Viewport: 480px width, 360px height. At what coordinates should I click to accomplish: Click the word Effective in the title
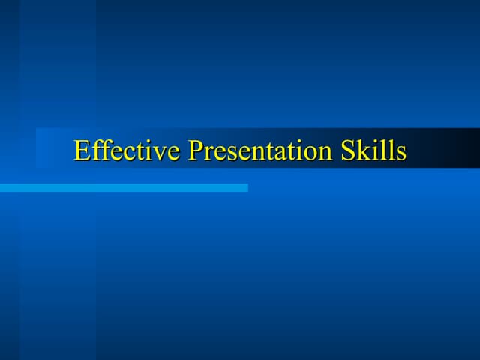127,151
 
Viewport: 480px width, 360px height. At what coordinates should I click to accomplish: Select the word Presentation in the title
260,151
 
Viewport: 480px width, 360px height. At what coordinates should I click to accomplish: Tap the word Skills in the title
373,151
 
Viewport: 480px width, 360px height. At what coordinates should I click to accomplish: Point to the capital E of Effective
82,151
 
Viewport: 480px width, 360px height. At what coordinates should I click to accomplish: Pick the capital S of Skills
349,151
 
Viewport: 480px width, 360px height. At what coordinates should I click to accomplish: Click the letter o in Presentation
310,154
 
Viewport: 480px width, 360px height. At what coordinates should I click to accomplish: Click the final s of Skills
400,154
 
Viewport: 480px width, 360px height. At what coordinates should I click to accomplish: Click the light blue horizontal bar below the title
124,187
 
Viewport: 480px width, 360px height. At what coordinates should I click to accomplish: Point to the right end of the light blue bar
245,187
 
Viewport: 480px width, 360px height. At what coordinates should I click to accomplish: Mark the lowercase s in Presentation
231,154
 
